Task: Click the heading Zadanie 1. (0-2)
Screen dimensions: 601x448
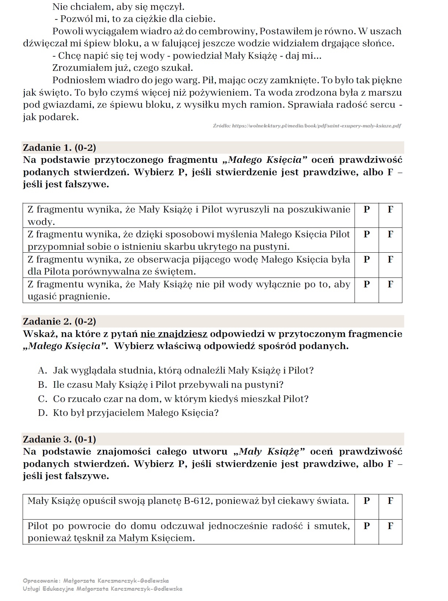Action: pos(60,148)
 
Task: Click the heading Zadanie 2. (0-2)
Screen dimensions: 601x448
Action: pos(60,321)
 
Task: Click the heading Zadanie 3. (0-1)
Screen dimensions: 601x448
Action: pos(60,439)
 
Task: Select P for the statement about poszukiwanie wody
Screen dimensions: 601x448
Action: pos(367,210)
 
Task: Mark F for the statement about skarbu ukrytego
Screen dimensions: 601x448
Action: pos(390,234)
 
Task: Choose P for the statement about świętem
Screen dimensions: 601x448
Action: pos(367,259)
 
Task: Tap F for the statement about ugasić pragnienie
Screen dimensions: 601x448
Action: pos(390,284)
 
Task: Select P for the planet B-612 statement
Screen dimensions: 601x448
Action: pos(367,501)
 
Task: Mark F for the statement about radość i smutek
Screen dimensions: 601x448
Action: pos(390,526)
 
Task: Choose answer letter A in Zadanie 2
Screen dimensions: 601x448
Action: pos(43,371)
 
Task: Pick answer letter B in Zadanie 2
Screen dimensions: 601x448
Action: pos(43,385)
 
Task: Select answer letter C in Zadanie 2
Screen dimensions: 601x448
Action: pos(43,399)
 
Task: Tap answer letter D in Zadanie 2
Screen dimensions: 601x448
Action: pos(43,413)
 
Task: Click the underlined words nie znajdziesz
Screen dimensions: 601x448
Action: pos(174,334)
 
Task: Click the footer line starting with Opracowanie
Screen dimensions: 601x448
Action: pos(96,581)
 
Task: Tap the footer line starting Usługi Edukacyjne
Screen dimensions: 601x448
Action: pos(102,589)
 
